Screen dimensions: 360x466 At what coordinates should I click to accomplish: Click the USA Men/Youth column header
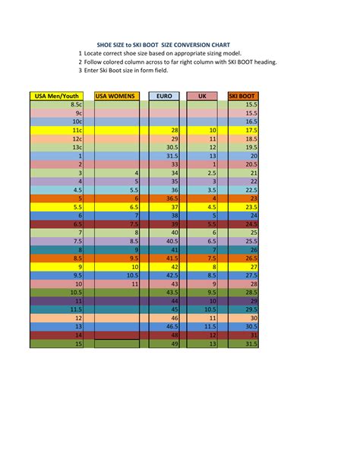pyautogui.click(x=56, y=96)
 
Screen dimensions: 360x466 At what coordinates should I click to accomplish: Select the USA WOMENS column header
pyautogui.click(x=117, y=96)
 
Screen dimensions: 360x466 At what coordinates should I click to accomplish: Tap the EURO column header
pyautogui.click(x=164, y=96)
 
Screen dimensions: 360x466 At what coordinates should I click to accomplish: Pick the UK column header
pyautogui.click(x=202, y=96)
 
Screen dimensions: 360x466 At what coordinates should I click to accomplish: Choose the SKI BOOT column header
pyautogui.click(x=243, y=96)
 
